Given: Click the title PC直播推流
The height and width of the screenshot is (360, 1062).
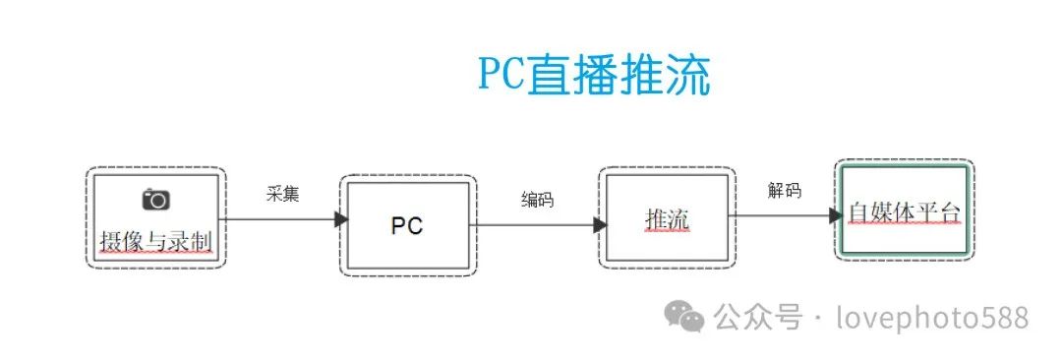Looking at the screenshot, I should [594, 76].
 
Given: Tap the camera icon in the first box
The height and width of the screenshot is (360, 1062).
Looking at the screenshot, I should [156, 200].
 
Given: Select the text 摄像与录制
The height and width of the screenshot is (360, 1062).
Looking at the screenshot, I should [156, 240].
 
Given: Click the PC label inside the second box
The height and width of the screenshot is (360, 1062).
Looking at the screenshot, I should [407, 225].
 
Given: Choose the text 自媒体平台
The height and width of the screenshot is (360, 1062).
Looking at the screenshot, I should [904, 212].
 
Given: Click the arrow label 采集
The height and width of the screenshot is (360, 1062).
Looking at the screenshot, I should [282, 194].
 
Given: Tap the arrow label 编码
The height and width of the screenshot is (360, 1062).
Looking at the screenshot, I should [537, 200].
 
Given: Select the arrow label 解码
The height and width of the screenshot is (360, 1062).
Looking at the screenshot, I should [785, 190].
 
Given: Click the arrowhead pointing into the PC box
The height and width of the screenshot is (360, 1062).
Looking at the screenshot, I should [340, 219].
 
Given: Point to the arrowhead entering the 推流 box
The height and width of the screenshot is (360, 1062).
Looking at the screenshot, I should [600, 225].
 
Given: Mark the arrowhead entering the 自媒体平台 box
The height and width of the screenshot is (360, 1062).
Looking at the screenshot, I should [836, 215].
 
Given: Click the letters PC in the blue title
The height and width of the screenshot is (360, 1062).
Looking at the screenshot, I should [501, 76].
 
